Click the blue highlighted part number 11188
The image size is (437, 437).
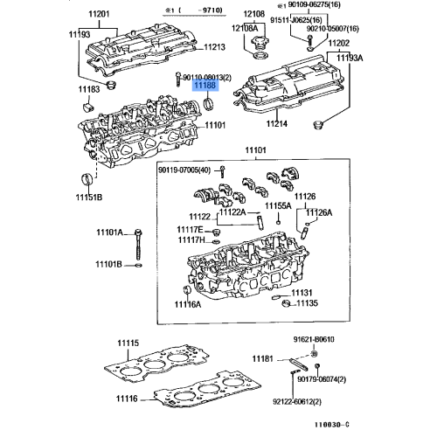click(205, 87)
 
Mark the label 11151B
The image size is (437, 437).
click(87, 198)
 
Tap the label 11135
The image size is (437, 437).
click(308, 303)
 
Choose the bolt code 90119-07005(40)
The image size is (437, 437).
click(185, 170)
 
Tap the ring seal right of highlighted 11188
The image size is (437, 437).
click(209, 108)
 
